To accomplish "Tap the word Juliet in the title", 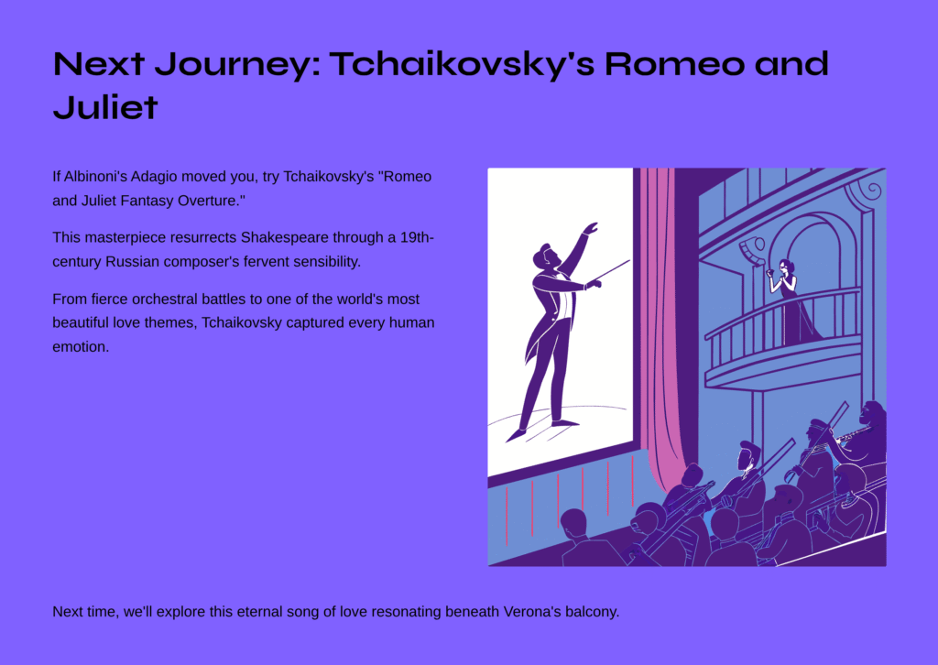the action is [105, 108].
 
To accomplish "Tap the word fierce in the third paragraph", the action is [109, 299].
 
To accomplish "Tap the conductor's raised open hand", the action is [591, 228].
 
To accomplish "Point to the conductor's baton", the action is [609, 271].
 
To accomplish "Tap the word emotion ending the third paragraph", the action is [81, 347].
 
